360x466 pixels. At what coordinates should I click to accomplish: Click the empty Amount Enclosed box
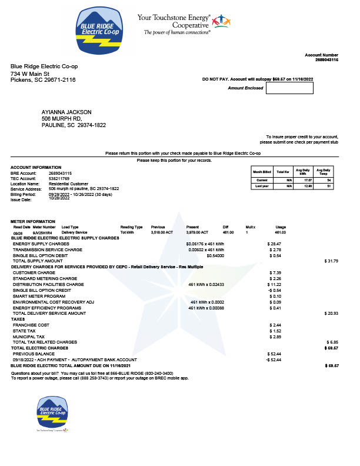pos(289,88)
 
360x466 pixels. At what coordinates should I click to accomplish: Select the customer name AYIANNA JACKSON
pos(67,112)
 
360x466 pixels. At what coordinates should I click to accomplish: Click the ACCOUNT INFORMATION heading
pos(36,168)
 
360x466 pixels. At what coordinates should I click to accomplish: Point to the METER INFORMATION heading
pos(32,221)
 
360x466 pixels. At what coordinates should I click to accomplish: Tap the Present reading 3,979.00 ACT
pos(198,233)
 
